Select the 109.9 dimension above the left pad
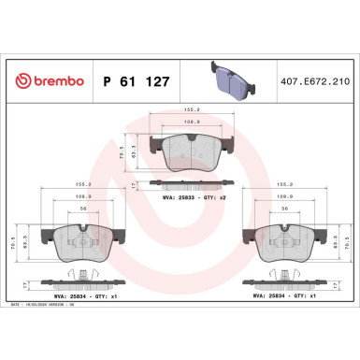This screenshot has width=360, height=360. point(83,198)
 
